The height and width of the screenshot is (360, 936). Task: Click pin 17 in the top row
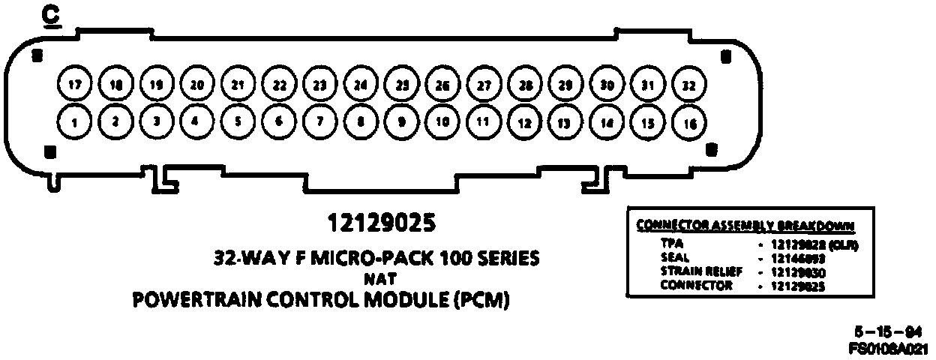[74, 85]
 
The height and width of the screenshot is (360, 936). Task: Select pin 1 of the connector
[74, 121]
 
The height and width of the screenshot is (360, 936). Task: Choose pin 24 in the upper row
[361, 85]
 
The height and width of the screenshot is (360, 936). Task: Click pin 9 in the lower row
[402, 121]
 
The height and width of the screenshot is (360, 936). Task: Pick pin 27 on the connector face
[484, 85]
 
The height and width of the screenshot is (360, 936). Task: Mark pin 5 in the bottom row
[238, 121]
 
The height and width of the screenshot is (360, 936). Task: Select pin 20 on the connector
[197, 85]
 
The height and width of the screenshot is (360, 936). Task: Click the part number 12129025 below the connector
[381, 223]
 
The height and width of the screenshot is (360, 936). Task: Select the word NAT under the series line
[381, 280]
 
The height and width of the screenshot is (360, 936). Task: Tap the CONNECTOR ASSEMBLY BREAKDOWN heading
[745, 225]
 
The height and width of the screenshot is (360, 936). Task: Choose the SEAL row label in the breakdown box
[672, 256]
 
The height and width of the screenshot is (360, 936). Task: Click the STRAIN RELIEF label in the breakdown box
[701, 271]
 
